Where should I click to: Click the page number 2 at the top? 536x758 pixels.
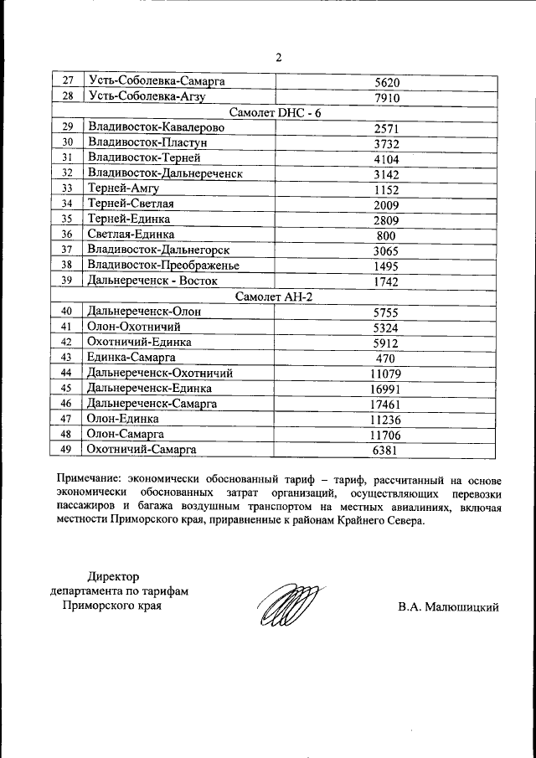click(276, 58)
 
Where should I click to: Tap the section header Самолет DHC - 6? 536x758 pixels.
click(275, 113)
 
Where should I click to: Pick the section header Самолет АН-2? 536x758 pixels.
click(275, 296)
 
